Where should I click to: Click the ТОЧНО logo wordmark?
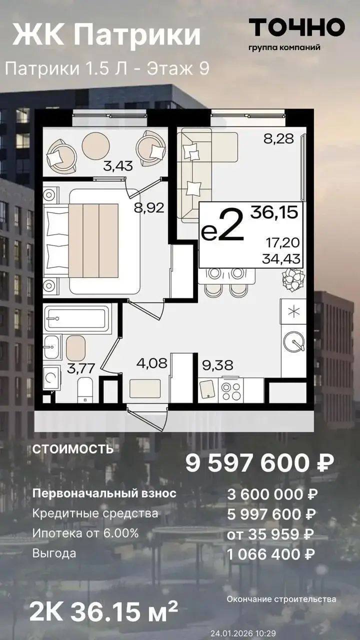[297, 27]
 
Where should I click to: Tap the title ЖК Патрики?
[106, 35]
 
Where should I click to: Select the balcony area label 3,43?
[118, 165]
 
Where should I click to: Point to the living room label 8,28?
[279, 139]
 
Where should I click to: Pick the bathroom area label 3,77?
[80, 368]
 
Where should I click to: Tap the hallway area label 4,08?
[151, 363]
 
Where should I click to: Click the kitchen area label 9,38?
[217, 365]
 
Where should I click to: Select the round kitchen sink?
[294, 342]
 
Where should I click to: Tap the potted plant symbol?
[293, 281]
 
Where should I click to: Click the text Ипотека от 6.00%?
[85, 533]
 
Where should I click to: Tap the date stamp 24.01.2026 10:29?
[243, 633]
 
